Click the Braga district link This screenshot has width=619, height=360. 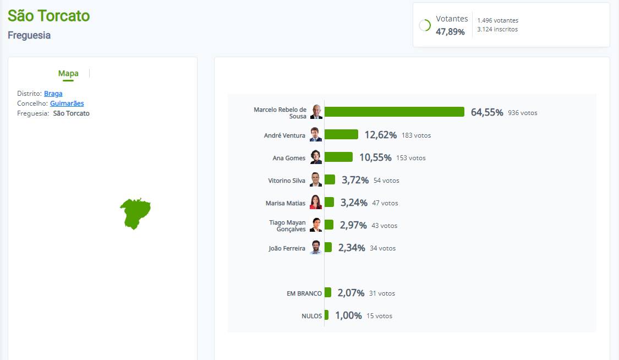[53, 94]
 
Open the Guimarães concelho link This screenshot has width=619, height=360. [67, 103]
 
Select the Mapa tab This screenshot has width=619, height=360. [68, 73]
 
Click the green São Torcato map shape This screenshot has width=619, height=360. [135, 214]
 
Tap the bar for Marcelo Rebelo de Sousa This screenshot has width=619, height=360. [395, 112]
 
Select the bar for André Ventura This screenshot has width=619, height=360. [341, 135]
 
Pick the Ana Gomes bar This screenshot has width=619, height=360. [338, 157]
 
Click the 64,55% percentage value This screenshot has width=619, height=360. [487, 112]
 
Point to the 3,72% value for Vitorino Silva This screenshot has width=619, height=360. [355, 181]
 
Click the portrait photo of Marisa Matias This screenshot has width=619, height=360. [316, 202]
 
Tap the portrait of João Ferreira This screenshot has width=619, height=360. [316, 247]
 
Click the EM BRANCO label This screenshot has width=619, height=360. [304, 294]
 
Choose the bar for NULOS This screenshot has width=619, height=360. [326, 315]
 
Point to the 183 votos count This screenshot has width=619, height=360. [416, 135]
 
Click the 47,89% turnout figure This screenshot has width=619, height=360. [450, 31]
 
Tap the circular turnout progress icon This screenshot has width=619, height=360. [425, 25]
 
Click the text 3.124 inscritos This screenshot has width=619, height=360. [497, 29]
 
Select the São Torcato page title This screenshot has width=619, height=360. [49, 16]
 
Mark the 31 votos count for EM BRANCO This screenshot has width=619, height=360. [382, 293]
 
